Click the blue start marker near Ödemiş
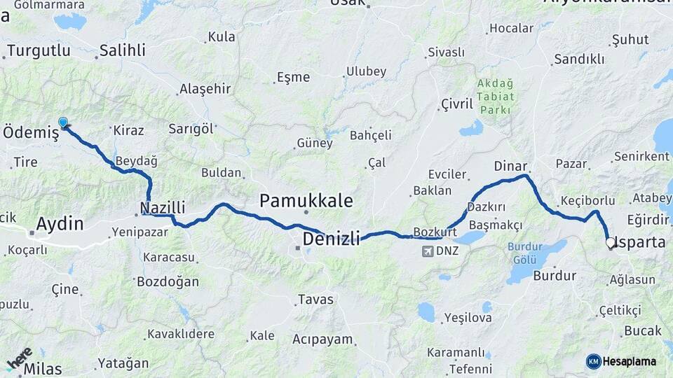click(x=63, y=122)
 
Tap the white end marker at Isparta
click(x=611, y=244)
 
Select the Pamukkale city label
click(x=306, y=201)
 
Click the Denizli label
click(x=331, y=239)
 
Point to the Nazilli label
click(x=163, y=207)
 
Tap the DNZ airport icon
click(x=428, y=251)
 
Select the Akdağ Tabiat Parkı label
click(x=496, y=97)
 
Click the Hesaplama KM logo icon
click(x=594, y=361)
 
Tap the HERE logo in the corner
click(x=20, y=357)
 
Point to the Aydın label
click(x=60, y=225)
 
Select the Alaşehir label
click(x=205, y=88)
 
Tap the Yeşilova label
click(x=468, y=318)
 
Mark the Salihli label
click(x=122, y=50)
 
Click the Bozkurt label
click(x=435, y=231)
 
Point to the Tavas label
click(x=315, y=300)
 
